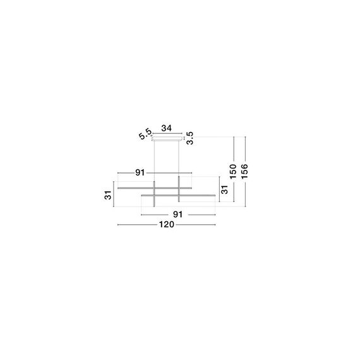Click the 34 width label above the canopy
click(x=167, y=128)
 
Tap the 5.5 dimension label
click(x=145, y=134)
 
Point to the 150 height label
click(x=232, y=171)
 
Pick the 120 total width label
click(x=167, y=224)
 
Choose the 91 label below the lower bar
click(x=178, y=214)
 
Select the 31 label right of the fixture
click(x=223, y=189)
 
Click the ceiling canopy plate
click(x=167, y=135)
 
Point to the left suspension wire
click(x=154, y=158)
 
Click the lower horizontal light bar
click(x=180, y=196)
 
